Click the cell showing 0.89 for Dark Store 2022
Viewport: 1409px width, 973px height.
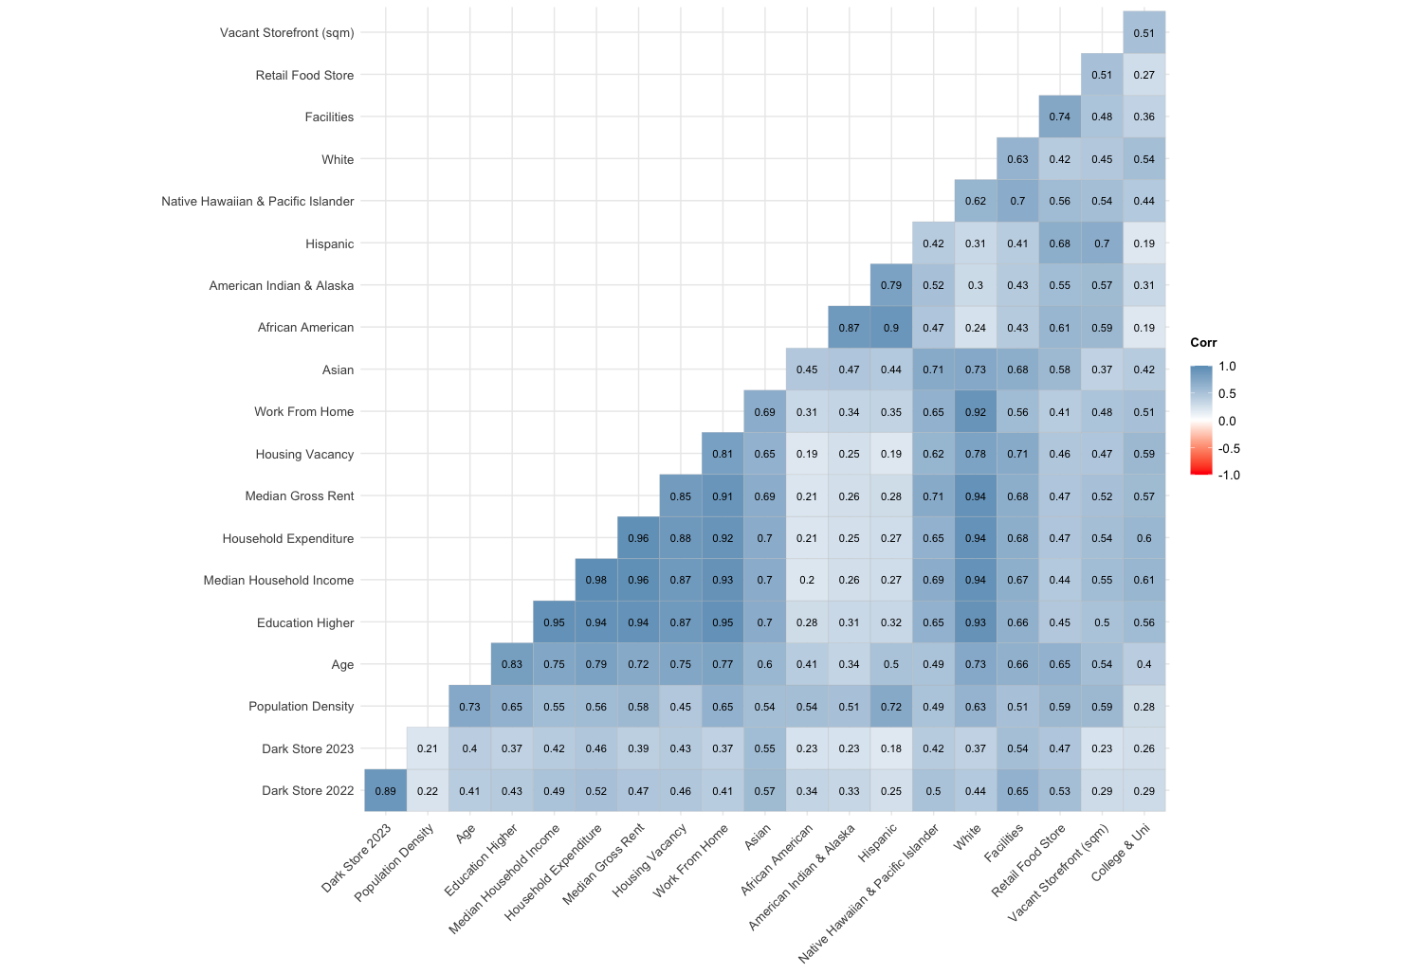pyautogui.click(x=386, y=791)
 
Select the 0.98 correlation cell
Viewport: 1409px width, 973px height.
pyautogui.click(x=596, y=580)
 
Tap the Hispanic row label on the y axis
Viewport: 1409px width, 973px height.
pyautogui.click(x=329, y=243)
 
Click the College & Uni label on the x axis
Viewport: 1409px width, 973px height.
pyautogui.click(x=1121, y=853)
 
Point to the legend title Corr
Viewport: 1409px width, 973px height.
pyautogui.click(x=1203, y=343)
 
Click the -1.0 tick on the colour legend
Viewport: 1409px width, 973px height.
pyautogui.click(x=1228, y=476)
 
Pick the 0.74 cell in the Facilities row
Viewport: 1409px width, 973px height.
pyautogui.click(x=1059, y=117)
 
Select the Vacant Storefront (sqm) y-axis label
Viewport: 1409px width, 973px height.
pyautogui.click(x=286, y=33)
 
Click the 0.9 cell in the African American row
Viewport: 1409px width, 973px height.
pyautogui.click(x=891, y=328)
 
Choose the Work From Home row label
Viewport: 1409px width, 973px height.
pyautogui.click(x=303, y=412)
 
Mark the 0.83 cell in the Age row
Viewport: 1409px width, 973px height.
pyautogui.click(x=512, y=664)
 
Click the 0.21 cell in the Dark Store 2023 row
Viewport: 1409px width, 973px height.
pyautogui.click(x=428, y=748)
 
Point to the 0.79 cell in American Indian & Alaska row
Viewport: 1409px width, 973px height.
pyautogui.click(x=891, y=285)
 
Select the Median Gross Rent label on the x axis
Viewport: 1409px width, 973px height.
pyautogui.click(x=604, y=863)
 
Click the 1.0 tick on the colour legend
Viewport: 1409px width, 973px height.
pyautogui.click(x=1227, y=367)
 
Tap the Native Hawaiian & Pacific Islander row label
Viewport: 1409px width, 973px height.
pyautogui.click(x=257, y=201)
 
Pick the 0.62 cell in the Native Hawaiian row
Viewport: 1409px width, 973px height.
pyautogui.click(x=976, y=201)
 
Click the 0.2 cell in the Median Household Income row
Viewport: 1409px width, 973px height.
pyautogui.click(x=807, y=580)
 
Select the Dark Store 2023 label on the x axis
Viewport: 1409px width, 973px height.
pyautogui.click(x=357, y=858)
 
